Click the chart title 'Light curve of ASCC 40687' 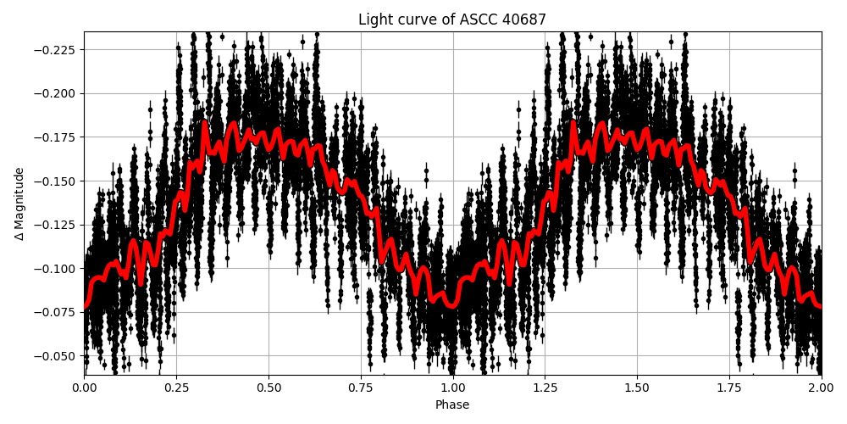pyautogui.click(x=452, y=20)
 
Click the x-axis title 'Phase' pyautogui.click(x=452, y=404)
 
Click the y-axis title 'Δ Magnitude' pyautogui.click(x=19, y=204)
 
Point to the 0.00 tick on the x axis pyautogui.click(x=84, y=388)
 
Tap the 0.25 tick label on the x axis pyautogui.click(x=176, y=388)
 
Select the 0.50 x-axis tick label pyautogui.click(x=268, y=388)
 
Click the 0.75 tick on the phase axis pyautogui.click(x=361, y=388)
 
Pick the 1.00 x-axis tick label pyautogui.click(x=452, y=388)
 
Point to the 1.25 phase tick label pyautogui.click(x=545, y=388)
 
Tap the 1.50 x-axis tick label pyautogui.click(x=637, y=388)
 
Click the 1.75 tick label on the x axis pyautogui.click(x=729, y=388)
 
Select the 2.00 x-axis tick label pyautogui.click(x=821, y=388)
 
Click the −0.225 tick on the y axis pyautogui.click(x=57, y=49)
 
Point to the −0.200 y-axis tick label pyautogui.click(x=57, y=93)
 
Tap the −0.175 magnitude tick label pyautogui.click(x=57, y=137)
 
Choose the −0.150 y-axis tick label pyautogui.click(x=57, y=181)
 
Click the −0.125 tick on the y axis pyautogui.click(x=57, y=225)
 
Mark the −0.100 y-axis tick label pyautogui.click(x=57, y=269)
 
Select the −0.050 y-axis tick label pyautogui.click(x=57, y=356)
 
